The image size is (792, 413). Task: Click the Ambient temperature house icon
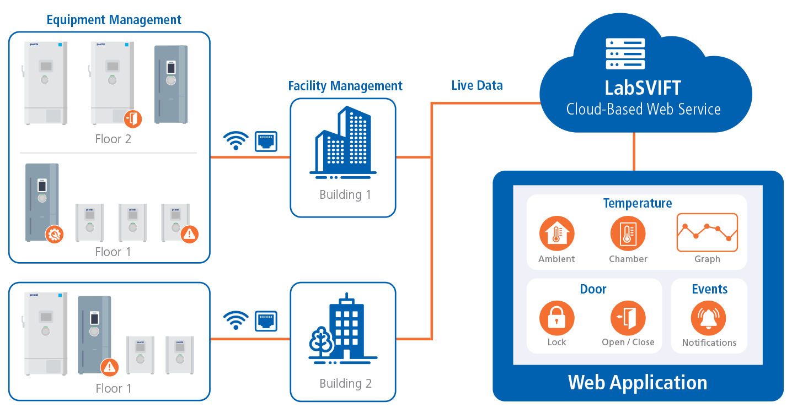point(556,233)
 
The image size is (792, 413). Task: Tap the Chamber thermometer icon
point(628,233)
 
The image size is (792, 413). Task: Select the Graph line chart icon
point(707,232)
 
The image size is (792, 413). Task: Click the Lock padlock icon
point(556,318)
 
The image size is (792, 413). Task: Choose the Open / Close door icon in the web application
point(628,318)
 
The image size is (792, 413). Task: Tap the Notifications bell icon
point(708,318)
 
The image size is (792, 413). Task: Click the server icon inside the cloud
point(625,53)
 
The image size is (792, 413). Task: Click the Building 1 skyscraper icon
point(343,142)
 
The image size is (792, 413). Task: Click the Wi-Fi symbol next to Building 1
point(236,140)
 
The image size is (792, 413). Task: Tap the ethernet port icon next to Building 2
point(265,320)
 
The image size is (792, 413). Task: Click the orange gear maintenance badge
point(54,235)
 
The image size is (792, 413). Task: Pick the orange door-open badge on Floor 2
point(133,118)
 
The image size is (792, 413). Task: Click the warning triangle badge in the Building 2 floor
point(110,366)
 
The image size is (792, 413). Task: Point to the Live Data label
point(477,85)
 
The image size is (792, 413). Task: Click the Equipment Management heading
point(114,20)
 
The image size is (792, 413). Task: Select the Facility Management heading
point(345,86)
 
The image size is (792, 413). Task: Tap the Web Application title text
point(638,382)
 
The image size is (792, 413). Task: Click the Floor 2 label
point(113,139)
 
